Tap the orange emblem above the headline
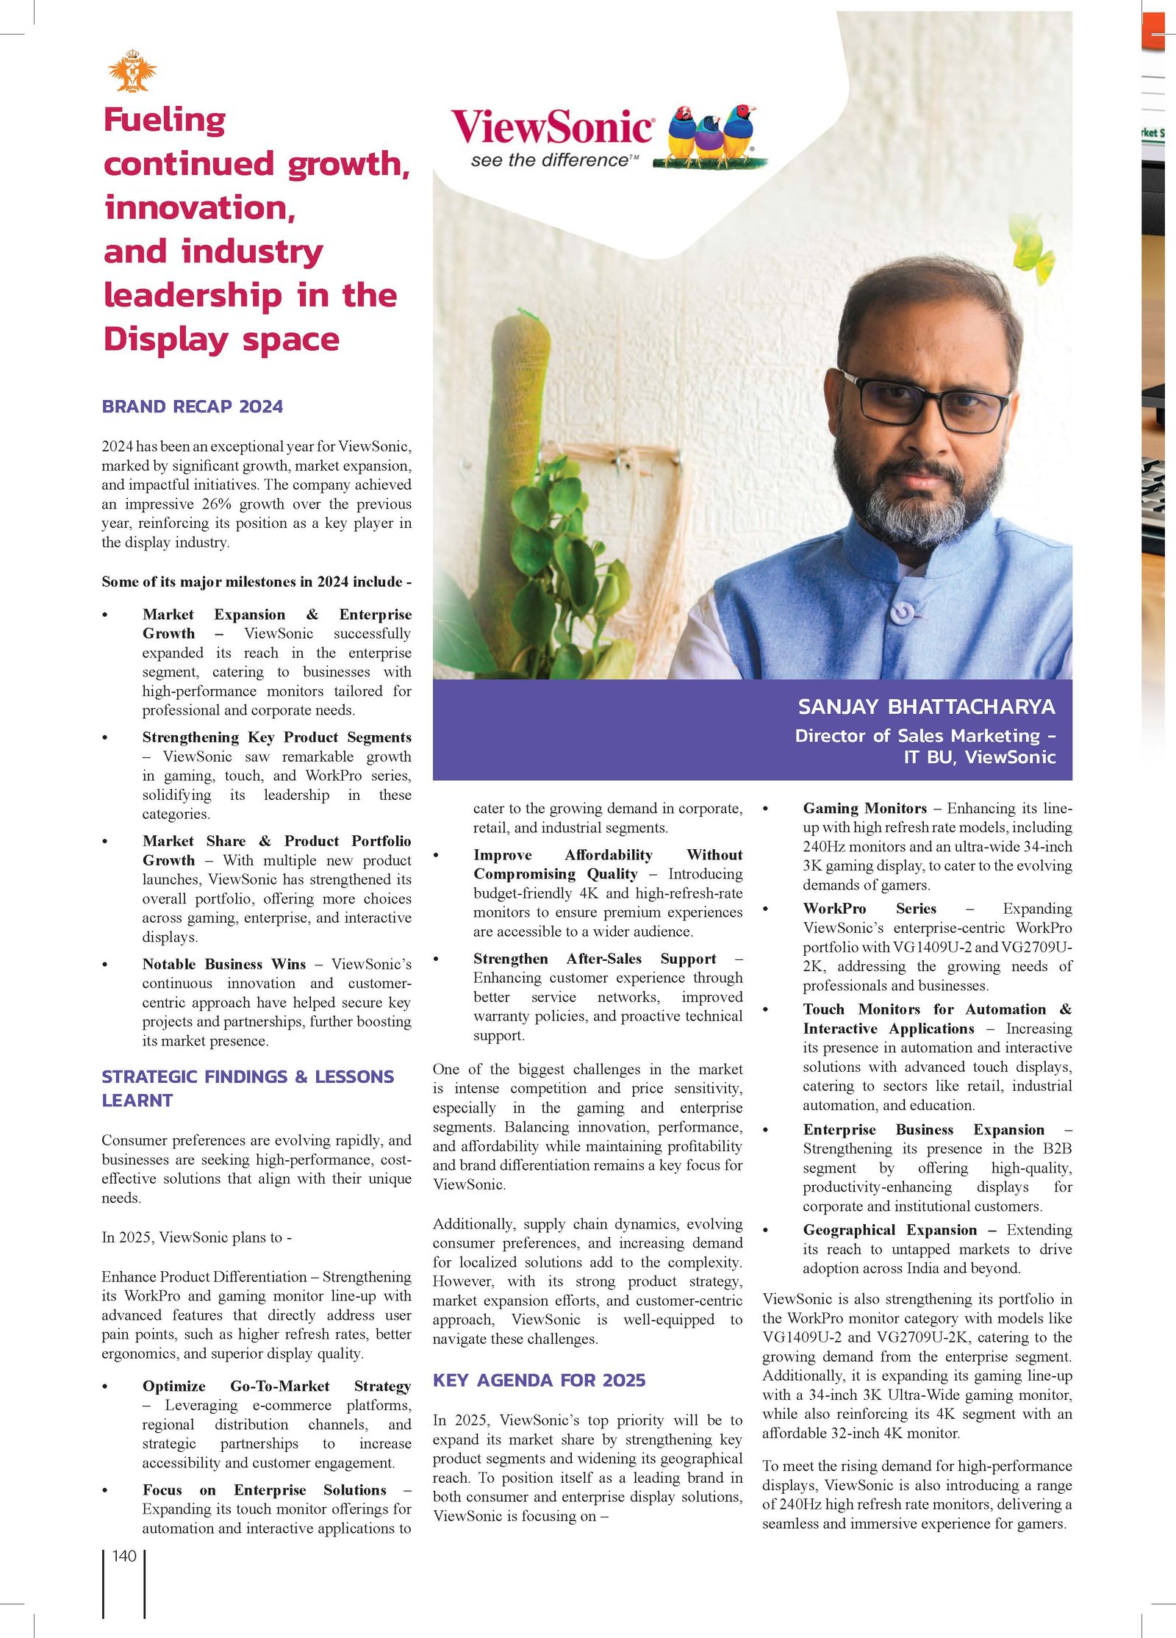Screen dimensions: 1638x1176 pyautogui.click(x=132, y=71)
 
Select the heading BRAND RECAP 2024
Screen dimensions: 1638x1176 pyautogui.click(x=192, y=407)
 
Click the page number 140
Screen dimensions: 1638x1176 pyautogui.click(x=124, y=1556)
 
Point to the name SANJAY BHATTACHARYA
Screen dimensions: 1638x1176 pyautogui.click(x=926, y=707)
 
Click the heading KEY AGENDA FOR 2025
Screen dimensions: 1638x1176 pyautogui.click(x=539, y=1380)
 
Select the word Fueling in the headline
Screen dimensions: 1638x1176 pyautogui.click(x=165, y=121)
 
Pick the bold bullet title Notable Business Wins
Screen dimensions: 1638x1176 pyautogui.click(x=224, y=964)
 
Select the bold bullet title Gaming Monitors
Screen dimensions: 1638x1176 pyautogui.click(x=864, y=808)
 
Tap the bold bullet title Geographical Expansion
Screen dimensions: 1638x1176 pyautogui.click(x=890, y=1230)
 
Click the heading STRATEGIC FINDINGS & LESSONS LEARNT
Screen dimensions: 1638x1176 pyautogui.click(x=247, y=1088)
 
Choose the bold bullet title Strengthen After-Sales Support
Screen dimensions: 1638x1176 pyautogui.click(x=594, y=959)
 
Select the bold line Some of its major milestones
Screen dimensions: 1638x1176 pyautogui.click(x=256, y=582)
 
